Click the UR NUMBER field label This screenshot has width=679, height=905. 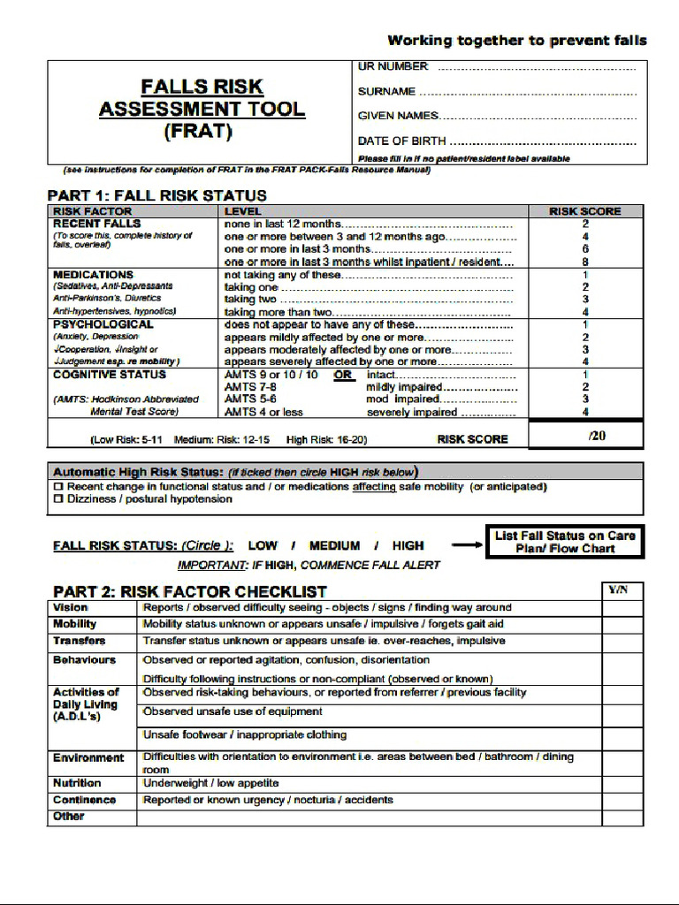point(393,66)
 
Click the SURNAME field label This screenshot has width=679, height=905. point(386,91)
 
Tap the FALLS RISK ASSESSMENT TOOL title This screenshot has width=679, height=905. point(202,110)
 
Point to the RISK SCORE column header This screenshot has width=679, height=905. point(585,211)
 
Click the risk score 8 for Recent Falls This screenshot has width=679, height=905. point(585,262)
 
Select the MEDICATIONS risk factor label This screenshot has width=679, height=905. point(93,275)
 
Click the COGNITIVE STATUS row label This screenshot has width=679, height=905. point(110,375)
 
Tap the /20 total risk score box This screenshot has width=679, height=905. point(585,436)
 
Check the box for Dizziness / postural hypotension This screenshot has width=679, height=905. point(58,499)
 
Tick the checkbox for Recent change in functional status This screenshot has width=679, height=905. point(58,487)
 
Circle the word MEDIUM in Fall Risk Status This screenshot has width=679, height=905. point(334,546)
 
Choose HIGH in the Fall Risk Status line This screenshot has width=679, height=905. point(408,546)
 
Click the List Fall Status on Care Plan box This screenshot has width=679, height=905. point(565,542)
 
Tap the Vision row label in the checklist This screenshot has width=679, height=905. point(71,608)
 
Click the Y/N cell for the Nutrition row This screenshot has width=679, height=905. point(622,784)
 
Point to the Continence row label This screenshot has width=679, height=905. point(84,801)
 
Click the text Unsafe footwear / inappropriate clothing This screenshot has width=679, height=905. point(245,735)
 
